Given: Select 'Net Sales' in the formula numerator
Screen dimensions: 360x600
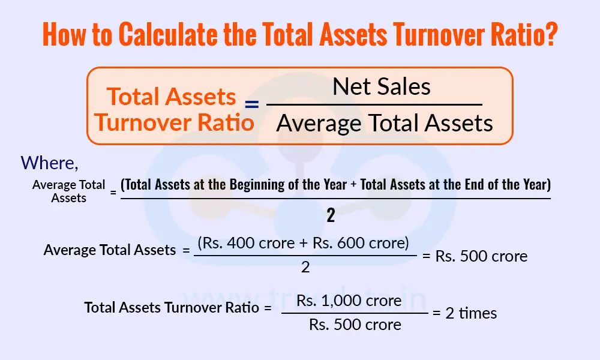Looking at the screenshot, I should [x=382, y=87].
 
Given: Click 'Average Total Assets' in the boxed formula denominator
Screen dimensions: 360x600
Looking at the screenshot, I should [x=384, y=124].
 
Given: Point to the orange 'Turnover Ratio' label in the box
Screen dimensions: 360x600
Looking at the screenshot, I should [x=174, y=122].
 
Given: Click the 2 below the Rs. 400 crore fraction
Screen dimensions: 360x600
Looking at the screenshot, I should [x=305, y=268].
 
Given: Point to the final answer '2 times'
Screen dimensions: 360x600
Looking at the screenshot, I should [x=471, y=313].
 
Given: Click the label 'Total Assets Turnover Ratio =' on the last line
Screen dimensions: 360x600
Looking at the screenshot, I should [x=178, y=308].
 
